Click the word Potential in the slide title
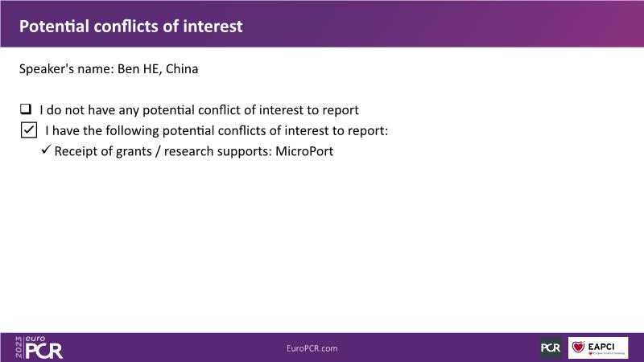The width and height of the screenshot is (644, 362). [54, 27]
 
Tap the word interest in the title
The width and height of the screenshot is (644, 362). [213, 27]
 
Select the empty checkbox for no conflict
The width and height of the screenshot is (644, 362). [26, 109]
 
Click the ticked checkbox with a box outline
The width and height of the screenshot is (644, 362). [29, 130]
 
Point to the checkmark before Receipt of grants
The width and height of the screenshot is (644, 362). [46, 149]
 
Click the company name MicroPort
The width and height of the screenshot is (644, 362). [304, 151]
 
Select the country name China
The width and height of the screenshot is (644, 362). [182, 68]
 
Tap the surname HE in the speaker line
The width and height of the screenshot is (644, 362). [151, 68]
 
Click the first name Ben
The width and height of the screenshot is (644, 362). [129, 68]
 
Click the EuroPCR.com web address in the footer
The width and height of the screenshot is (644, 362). [312, 348]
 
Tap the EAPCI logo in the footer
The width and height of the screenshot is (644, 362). [598, 348]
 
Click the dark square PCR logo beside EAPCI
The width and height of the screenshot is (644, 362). [551, 348]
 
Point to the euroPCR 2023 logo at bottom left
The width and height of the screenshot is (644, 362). [39, 348]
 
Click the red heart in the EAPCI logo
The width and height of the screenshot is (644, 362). [578, 347]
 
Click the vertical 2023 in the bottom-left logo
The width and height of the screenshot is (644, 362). [19, 348]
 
